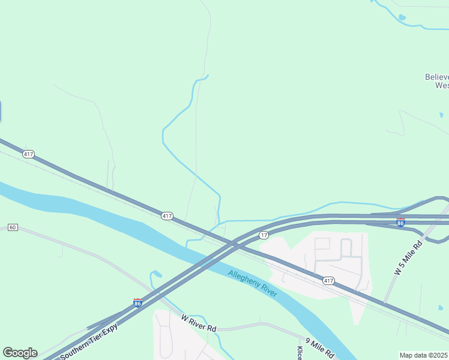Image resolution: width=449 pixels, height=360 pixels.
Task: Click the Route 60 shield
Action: click(13, 227)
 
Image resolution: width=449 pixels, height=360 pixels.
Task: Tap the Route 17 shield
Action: click(264, 235)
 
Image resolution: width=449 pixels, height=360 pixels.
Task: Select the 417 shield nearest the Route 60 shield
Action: click(28, 154)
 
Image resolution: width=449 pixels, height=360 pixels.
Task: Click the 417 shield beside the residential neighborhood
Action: click(328, 280)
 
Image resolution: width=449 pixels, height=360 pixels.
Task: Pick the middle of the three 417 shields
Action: click(167, 215)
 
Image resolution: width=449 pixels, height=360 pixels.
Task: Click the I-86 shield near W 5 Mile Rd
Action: click(400, 222)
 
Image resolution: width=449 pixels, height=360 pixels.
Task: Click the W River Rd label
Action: click(199, 323)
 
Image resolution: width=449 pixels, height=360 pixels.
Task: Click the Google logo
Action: click(20, 353)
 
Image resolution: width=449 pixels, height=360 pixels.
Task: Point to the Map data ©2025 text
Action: click(424, 355)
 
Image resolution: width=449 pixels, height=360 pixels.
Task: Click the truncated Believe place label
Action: click(437, 81)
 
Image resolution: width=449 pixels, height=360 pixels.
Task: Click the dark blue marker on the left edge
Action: click(0, 111)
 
